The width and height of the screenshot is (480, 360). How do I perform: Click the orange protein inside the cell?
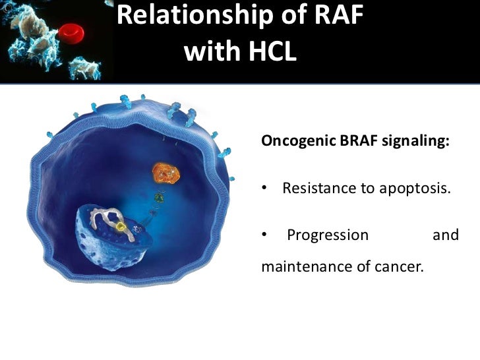coord(165,173)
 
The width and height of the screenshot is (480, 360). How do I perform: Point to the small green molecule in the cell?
coord(158,196)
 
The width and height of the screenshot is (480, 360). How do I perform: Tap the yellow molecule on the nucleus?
coord(121,227)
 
